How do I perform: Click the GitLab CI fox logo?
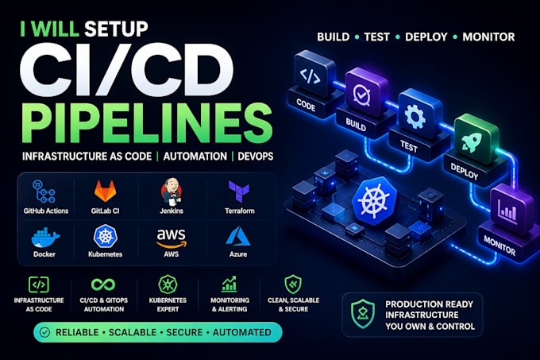pyautogui.click(x=105, y=192)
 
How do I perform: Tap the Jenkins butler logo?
pyautogui.click(x=172, y=192)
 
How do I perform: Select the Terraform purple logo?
pyautogui.click(x=239, y=192)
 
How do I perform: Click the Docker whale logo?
pyautogui.click(x=45, y=238)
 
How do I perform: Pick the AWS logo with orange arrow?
pyautogui.click(x=172, y=238)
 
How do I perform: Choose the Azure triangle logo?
pyautogui.click(x=238, y=236)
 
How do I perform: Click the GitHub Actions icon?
pyautogui.click(x=44, y=192)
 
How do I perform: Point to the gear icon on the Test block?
pyautogui.click(x=415, y=116)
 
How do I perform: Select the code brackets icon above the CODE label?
pyautogui.click(x=310, y=75)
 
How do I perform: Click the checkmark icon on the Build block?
pyautogui.click(x=361, y=94)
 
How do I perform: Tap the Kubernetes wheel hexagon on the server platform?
pyautogui.click(x=374, y=201)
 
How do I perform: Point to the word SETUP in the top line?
pyautogui.click(x=116, y=29)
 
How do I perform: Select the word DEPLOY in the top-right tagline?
pyautogui.click(x=426, y=37)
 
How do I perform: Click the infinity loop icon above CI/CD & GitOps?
pyautogui.click(x=103, y=285)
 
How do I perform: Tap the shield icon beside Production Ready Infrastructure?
pyautogui.click(x=363, y=314)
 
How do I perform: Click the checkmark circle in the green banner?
pyautogui.click(x=45, y=332)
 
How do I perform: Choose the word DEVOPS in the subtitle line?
pyautogui.click(x=255, y=157)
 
